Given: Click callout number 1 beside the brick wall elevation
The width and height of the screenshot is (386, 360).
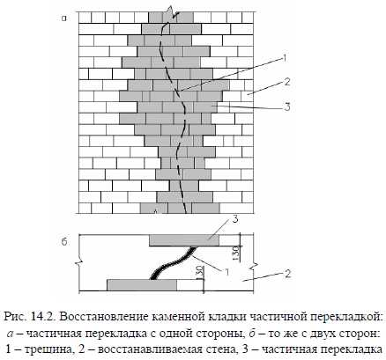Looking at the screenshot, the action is (x=283, y=59).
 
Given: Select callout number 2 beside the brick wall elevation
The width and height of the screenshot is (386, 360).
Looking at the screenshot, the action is (x=287, y=82).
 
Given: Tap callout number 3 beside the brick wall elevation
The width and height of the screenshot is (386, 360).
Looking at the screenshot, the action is (x=287, y=107).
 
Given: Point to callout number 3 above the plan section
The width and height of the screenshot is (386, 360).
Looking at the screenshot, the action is (x=235, y=219).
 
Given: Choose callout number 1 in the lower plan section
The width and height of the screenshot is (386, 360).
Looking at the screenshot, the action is (x=226, y=272).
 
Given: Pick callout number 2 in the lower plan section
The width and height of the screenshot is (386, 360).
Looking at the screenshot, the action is (x=287, y=274).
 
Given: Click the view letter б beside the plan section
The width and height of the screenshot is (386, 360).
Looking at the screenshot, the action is (x=64, y=241).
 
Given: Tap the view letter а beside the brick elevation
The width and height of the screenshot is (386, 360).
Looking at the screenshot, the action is (x=64, y=18).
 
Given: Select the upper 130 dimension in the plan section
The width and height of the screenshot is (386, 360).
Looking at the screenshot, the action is (x=237, y=253).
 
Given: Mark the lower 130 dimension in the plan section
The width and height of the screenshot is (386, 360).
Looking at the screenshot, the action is (x=198, y=273).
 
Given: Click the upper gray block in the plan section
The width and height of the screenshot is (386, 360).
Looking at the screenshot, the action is (x=184, y=240).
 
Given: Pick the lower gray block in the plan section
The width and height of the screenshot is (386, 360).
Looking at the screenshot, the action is (x=142, y=285).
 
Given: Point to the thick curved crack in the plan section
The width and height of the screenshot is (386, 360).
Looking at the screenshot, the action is (x=172, y=262).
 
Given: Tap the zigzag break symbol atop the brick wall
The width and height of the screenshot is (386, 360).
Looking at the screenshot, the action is (x=171, y=13).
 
